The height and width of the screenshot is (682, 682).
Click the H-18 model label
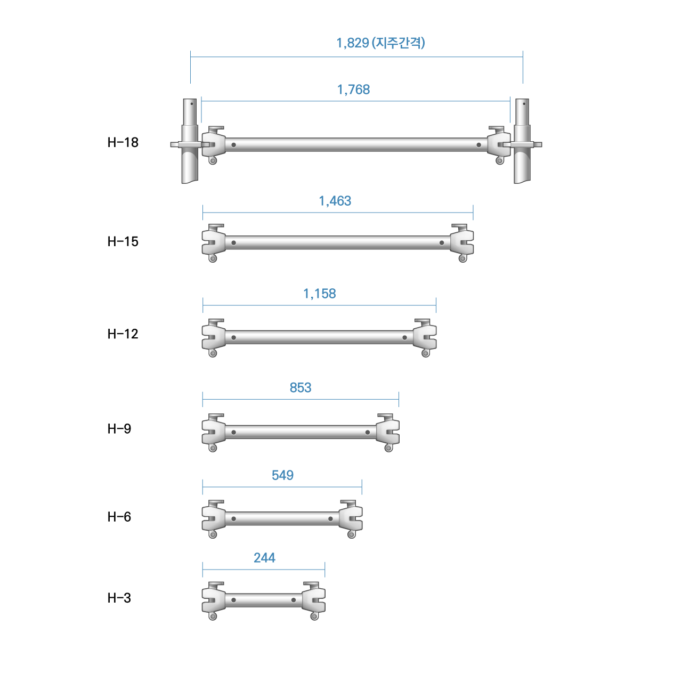[x=123, y=142]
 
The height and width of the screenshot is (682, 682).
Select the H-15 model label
[x=123, y=241]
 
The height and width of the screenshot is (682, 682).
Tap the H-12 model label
[x=123, y=334]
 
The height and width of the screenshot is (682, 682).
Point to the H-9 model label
[x=119, y=428]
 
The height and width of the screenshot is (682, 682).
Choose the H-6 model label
[x=119, y=517]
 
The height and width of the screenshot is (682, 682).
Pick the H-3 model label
[x=119, y=598]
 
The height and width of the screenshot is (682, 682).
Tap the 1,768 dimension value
[x=353, y=90]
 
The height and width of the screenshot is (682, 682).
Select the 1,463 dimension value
[x=335, y=201]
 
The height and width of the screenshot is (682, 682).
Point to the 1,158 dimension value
[x=320, y=294]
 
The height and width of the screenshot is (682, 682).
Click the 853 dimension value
[x=301, y=387]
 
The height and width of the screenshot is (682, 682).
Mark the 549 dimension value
[x=282, y=475]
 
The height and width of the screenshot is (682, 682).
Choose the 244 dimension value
[x=264, y=558]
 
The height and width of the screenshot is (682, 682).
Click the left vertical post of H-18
[x=189, y=141]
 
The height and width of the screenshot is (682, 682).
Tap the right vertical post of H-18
[x=522, y=141]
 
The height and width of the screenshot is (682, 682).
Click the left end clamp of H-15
[x=214, y=243]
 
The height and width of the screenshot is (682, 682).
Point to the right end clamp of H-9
[x=388, y=433]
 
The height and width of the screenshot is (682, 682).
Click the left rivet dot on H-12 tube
[x=233, y=338]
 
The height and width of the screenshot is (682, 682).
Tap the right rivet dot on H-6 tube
[x=330, y=519]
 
